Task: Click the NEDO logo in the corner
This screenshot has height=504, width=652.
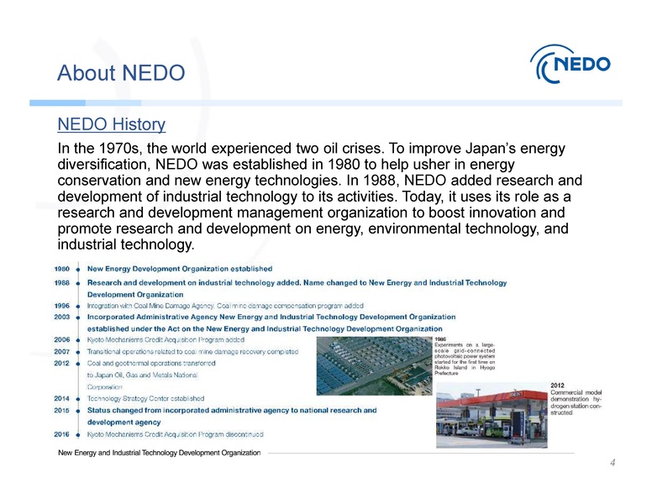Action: point(571,63)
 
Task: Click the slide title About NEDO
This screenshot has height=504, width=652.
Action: point(120,74)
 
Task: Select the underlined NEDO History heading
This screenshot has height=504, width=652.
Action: point(111,125)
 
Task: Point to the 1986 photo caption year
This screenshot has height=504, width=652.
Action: point(441,339)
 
